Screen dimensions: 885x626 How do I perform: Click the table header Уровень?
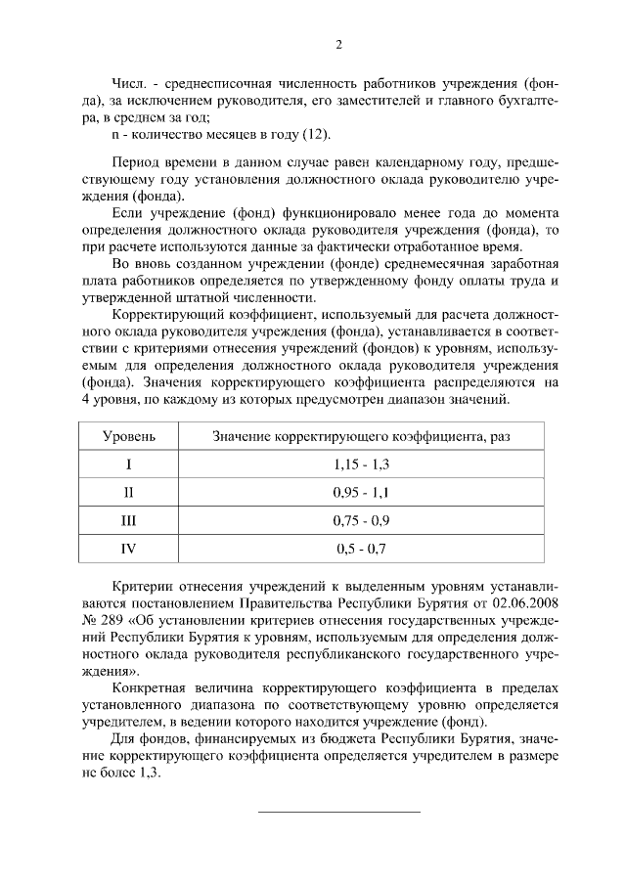tap(128, 434)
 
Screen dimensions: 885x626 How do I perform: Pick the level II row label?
tap(128, 491)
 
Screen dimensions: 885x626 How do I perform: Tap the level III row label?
tap(128, 519)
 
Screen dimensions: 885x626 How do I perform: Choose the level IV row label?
tap(128, 548)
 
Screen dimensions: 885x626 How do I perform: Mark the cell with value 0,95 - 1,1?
tap(362, 491)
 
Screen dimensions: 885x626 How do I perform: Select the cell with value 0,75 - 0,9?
tap(362, 519)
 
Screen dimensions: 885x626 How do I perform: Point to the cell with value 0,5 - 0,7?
tap(362, 548)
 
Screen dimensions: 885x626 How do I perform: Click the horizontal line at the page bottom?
tap(338, 812)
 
